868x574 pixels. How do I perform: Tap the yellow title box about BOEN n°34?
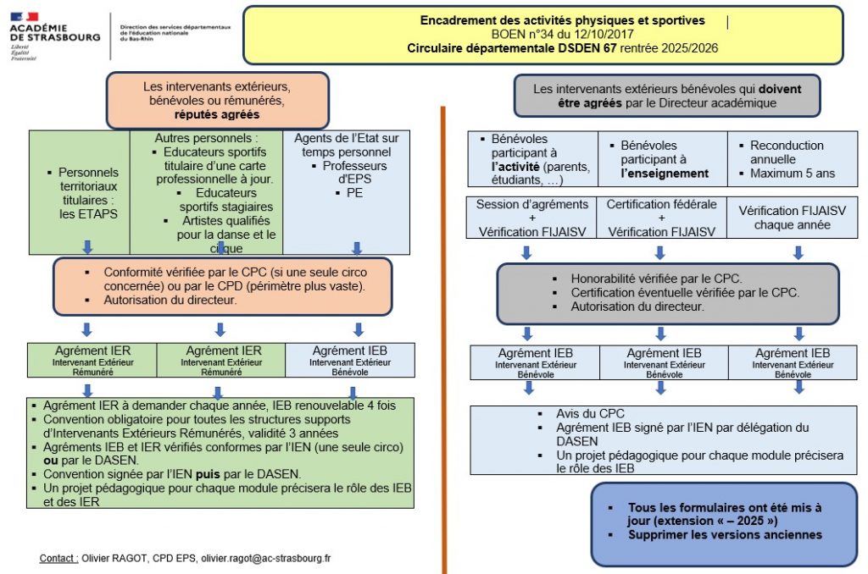coord(542,35)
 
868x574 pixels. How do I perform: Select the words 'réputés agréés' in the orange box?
coord(217,114)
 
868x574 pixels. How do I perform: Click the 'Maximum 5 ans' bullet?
coord(792,173)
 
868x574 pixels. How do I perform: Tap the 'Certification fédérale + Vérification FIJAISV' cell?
coord(661,218)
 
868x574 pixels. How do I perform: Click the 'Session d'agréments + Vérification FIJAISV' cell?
coord(531,218)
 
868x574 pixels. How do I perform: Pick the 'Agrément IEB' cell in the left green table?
coord(350,360)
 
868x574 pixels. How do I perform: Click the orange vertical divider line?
coord(443,339)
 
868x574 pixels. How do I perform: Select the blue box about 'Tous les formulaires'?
coord(724,523)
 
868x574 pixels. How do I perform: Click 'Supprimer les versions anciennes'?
coord(725,535)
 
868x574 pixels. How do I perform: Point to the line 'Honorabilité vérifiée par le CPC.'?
coord(656,279)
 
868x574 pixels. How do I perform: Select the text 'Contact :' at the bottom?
coord(58,559)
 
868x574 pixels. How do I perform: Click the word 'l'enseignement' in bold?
coord(664,173)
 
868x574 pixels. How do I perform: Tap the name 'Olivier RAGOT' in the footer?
coord(114,559)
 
